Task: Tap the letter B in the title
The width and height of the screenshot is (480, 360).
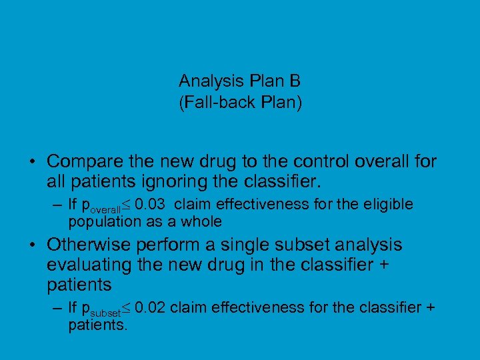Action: coord(295,81)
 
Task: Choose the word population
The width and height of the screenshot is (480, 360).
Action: coord(100,221)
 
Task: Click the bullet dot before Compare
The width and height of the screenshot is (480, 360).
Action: coord(32,162)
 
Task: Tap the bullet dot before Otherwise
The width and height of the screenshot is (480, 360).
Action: coord(32,245)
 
